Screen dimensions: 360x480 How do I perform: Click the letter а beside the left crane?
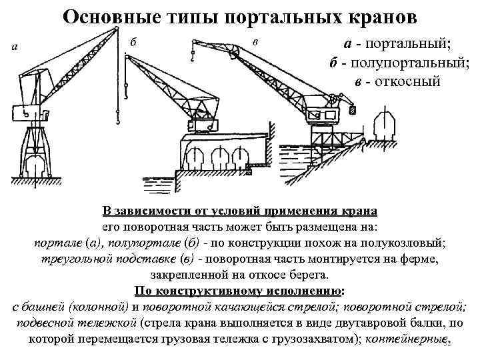pos(15,46)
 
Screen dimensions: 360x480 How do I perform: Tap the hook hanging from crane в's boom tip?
pos(193,61)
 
